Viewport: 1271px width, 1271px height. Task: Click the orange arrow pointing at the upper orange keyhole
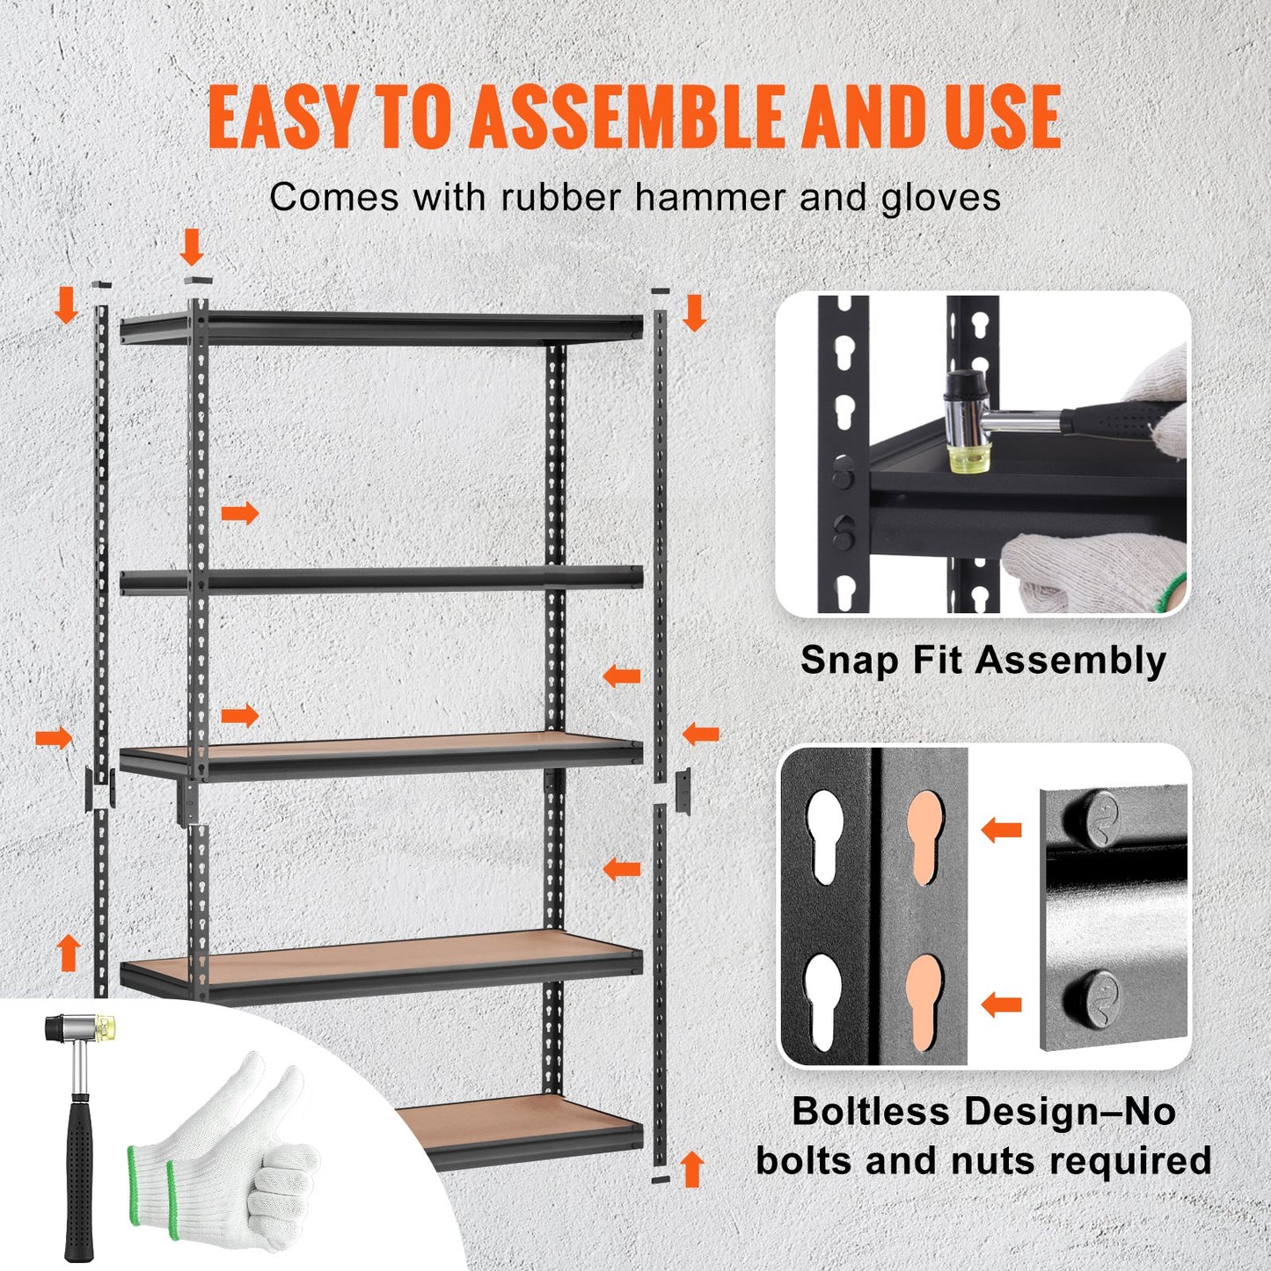click(1001, 829)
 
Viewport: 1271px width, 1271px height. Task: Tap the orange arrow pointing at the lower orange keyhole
click(1001, 1004)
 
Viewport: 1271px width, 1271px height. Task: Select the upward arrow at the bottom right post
click(693, 1169)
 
